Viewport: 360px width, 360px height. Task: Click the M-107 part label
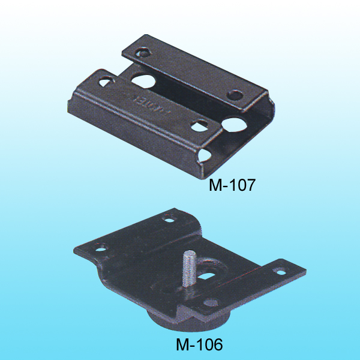pyautogui.click(x=232, y=185)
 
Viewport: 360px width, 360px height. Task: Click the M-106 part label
pyautogui.click(x=199, y=346)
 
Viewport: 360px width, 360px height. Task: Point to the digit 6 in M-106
pyautogui.click(x=217, y=346)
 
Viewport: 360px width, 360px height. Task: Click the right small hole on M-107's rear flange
pyautogui.click(x=235, y=95)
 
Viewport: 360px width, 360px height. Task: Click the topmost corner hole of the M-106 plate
pyautogui.click(x=171, y=220)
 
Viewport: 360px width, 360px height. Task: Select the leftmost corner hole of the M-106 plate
pyautogui.click(x=99, y=246)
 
